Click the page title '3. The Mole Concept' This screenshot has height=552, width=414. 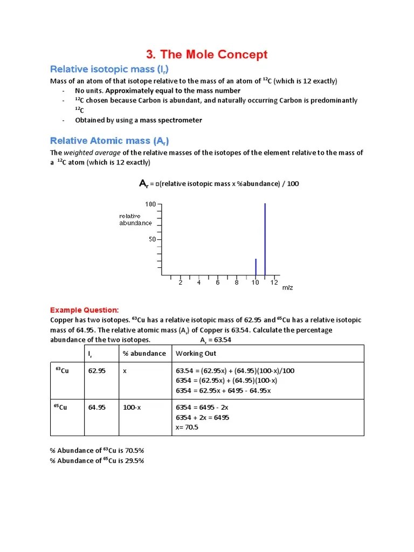[207, 54]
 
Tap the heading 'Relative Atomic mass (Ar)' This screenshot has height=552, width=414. [109, 141]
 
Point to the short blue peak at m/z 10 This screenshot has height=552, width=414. [256, 266]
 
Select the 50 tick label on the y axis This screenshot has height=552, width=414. [152, 239]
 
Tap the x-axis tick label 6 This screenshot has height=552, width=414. [218, 282]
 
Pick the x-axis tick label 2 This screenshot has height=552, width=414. [181, 282]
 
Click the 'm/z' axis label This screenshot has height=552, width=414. [288, 288]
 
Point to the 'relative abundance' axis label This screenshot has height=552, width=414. [135, 219]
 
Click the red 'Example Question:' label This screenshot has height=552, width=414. [84, 310]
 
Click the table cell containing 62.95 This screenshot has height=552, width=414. [96, 371]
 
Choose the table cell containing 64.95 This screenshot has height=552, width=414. [96, 408]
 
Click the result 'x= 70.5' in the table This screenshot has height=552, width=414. [188, 427]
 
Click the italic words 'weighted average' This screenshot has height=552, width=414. [89, 153]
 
